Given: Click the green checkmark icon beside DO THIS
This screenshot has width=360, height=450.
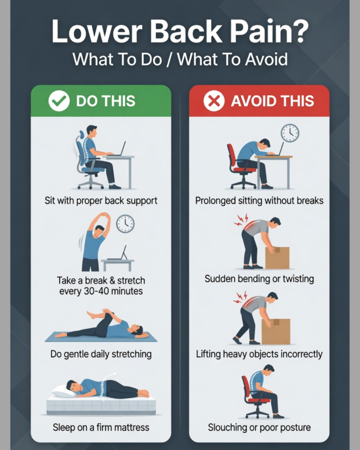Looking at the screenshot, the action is coord(59,101).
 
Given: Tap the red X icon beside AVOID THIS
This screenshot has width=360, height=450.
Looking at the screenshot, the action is coord(214,101).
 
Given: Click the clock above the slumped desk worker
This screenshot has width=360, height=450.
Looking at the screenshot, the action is coord(290,133).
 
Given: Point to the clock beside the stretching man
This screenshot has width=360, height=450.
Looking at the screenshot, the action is coord(125,224).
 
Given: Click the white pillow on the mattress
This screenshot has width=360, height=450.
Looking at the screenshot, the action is coord(64,391).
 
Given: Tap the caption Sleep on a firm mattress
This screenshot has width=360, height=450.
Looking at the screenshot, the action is coord(101,427).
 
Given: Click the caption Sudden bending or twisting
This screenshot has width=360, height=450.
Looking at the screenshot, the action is coord(259,279).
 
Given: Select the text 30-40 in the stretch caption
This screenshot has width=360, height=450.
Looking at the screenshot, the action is coord(96,291).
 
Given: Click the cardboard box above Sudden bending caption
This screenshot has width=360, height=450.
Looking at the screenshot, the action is coord(277,258).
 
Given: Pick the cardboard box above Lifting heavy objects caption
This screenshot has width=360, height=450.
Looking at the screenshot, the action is coord(276,331).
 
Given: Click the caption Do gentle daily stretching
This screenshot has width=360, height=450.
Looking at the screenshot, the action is coord(101,354).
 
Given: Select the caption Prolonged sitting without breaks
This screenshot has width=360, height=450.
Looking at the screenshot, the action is coord(259,200).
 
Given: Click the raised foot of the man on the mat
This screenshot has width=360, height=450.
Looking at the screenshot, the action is coord(92,315).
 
